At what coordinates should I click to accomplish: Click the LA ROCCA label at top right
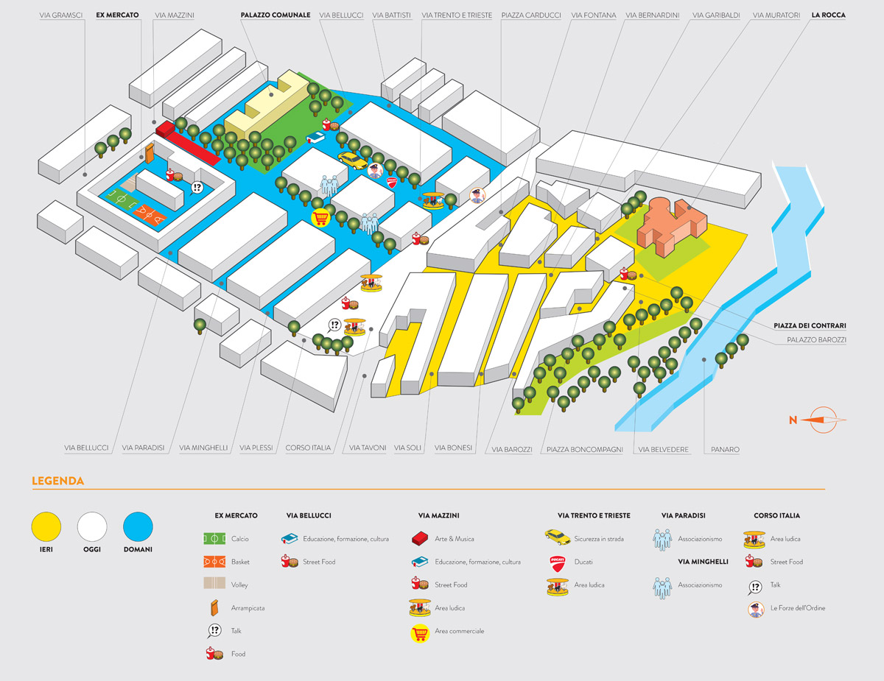pyautogui.click(x=828, y=15)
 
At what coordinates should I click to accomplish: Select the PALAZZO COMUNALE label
pyautogui.click(x=275, y=15)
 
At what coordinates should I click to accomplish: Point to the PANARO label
pyautogui.click(x=725, y=448)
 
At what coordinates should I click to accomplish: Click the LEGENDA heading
pyautogui.click(x=57, y=481)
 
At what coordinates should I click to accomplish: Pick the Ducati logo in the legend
pyautogui.click(x=557, y=562)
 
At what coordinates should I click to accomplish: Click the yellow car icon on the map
pyautogui.click(x=352, y=160)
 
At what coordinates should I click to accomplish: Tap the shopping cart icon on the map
pyautogui.click(x=320, y=219)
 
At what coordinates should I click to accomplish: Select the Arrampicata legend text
pyautogui.click(x=248, y=608)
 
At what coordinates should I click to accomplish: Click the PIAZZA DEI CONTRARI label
pyautogui.click(x=809, y=325)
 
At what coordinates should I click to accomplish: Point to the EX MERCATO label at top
pyautogui.click(x=117, y=15)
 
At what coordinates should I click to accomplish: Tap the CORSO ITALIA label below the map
pyautogui.click(x=308, y=448)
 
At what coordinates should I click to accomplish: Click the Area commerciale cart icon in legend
pyautogui.click(x=420, y=632)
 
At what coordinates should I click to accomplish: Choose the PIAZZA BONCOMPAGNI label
pyautogui.click(x=584, y=448)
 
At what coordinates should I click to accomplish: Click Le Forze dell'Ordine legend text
pyautogui.click(x=797, y=608)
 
